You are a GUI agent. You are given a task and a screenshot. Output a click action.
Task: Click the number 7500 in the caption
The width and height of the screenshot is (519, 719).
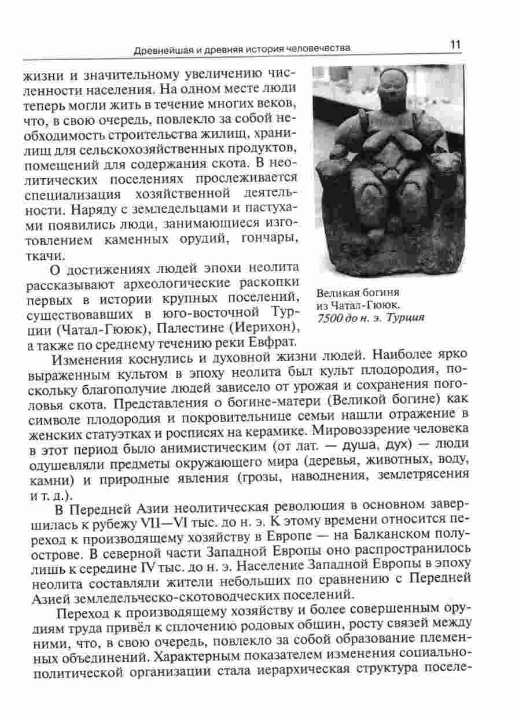330,318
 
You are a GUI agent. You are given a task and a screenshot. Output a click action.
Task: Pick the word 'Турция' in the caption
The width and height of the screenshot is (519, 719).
406,318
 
